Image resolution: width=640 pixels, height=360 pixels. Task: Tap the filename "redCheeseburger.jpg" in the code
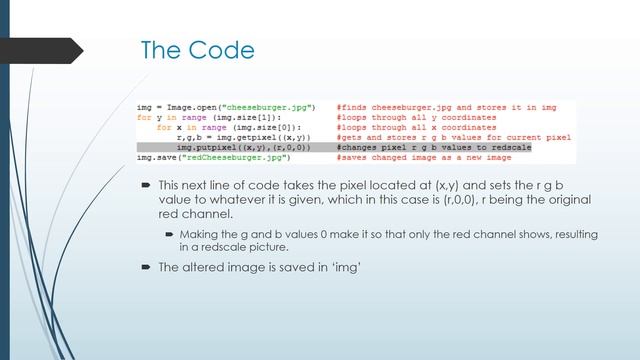click(238, 157)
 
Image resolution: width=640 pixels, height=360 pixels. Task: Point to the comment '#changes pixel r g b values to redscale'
click(434, 147)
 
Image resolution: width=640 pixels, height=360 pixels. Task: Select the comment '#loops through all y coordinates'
click(415, 117)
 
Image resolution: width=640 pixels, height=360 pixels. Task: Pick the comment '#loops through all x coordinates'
click(415, 127)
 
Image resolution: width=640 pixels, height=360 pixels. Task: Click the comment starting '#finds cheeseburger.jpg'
click(446, 107)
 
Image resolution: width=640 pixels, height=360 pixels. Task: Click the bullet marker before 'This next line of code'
click(146, 185)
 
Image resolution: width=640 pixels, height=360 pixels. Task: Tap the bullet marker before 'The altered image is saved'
click(146, 267)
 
